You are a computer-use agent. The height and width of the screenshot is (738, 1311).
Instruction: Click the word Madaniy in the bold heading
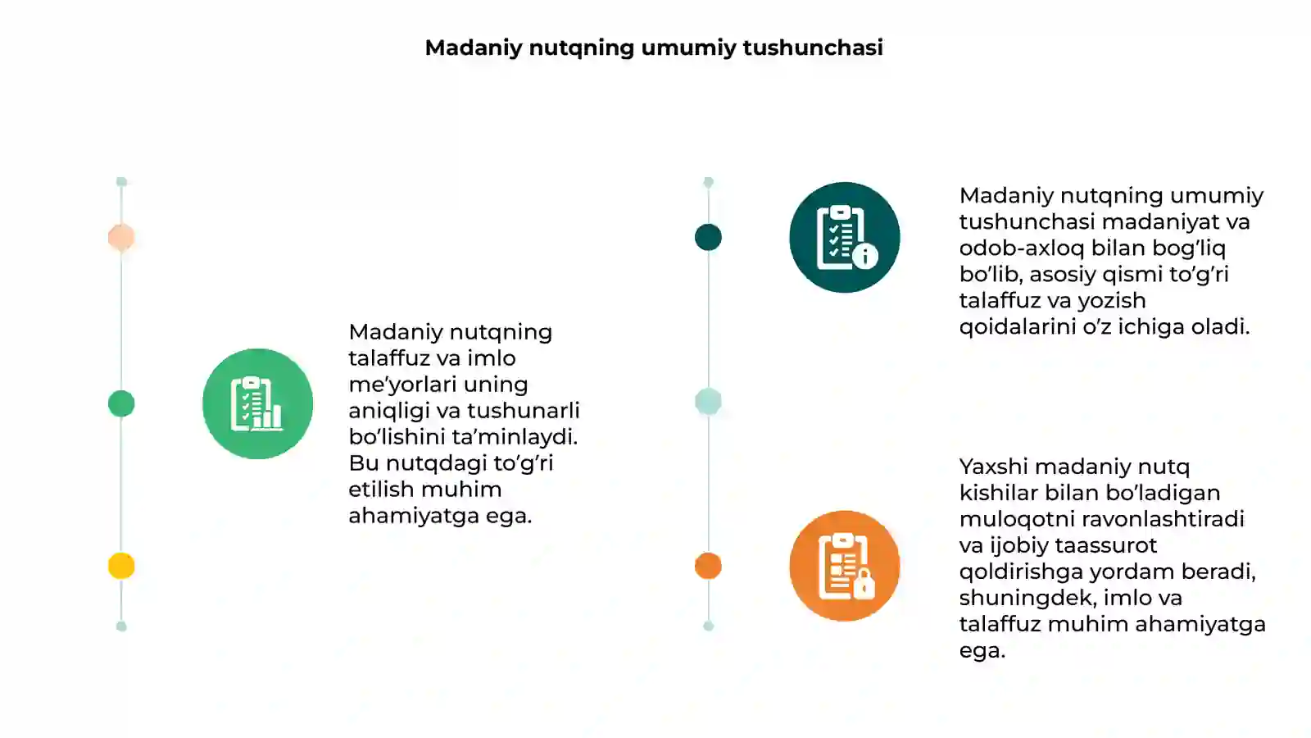474,48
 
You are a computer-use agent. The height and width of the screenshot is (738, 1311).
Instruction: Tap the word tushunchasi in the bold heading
813,48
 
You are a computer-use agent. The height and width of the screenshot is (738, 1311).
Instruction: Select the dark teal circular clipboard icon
844,237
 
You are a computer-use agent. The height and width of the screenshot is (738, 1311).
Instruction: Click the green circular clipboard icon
257,403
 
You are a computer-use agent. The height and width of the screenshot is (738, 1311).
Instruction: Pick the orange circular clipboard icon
844,566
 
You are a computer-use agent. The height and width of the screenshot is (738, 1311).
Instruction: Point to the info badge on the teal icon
865,256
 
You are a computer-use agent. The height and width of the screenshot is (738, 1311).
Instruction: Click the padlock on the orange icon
864,584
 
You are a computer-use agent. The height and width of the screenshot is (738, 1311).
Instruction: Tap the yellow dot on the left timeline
121,566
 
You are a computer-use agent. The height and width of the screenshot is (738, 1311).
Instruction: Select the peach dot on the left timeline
121,237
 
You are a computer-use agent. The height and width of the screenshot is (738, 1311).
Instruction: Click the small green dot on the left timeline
121,403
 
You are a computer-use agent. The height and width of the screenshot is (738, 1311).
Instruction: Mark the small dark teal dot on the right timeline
708,237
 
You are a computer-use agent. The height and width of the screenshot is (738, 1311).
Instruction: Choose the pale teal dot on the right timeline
708,402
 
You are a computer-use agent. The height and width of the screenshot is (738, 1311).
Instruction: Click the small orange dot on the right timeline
708,566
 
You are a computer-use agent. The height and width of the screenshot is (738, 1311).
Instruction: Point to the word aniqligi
390,411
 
